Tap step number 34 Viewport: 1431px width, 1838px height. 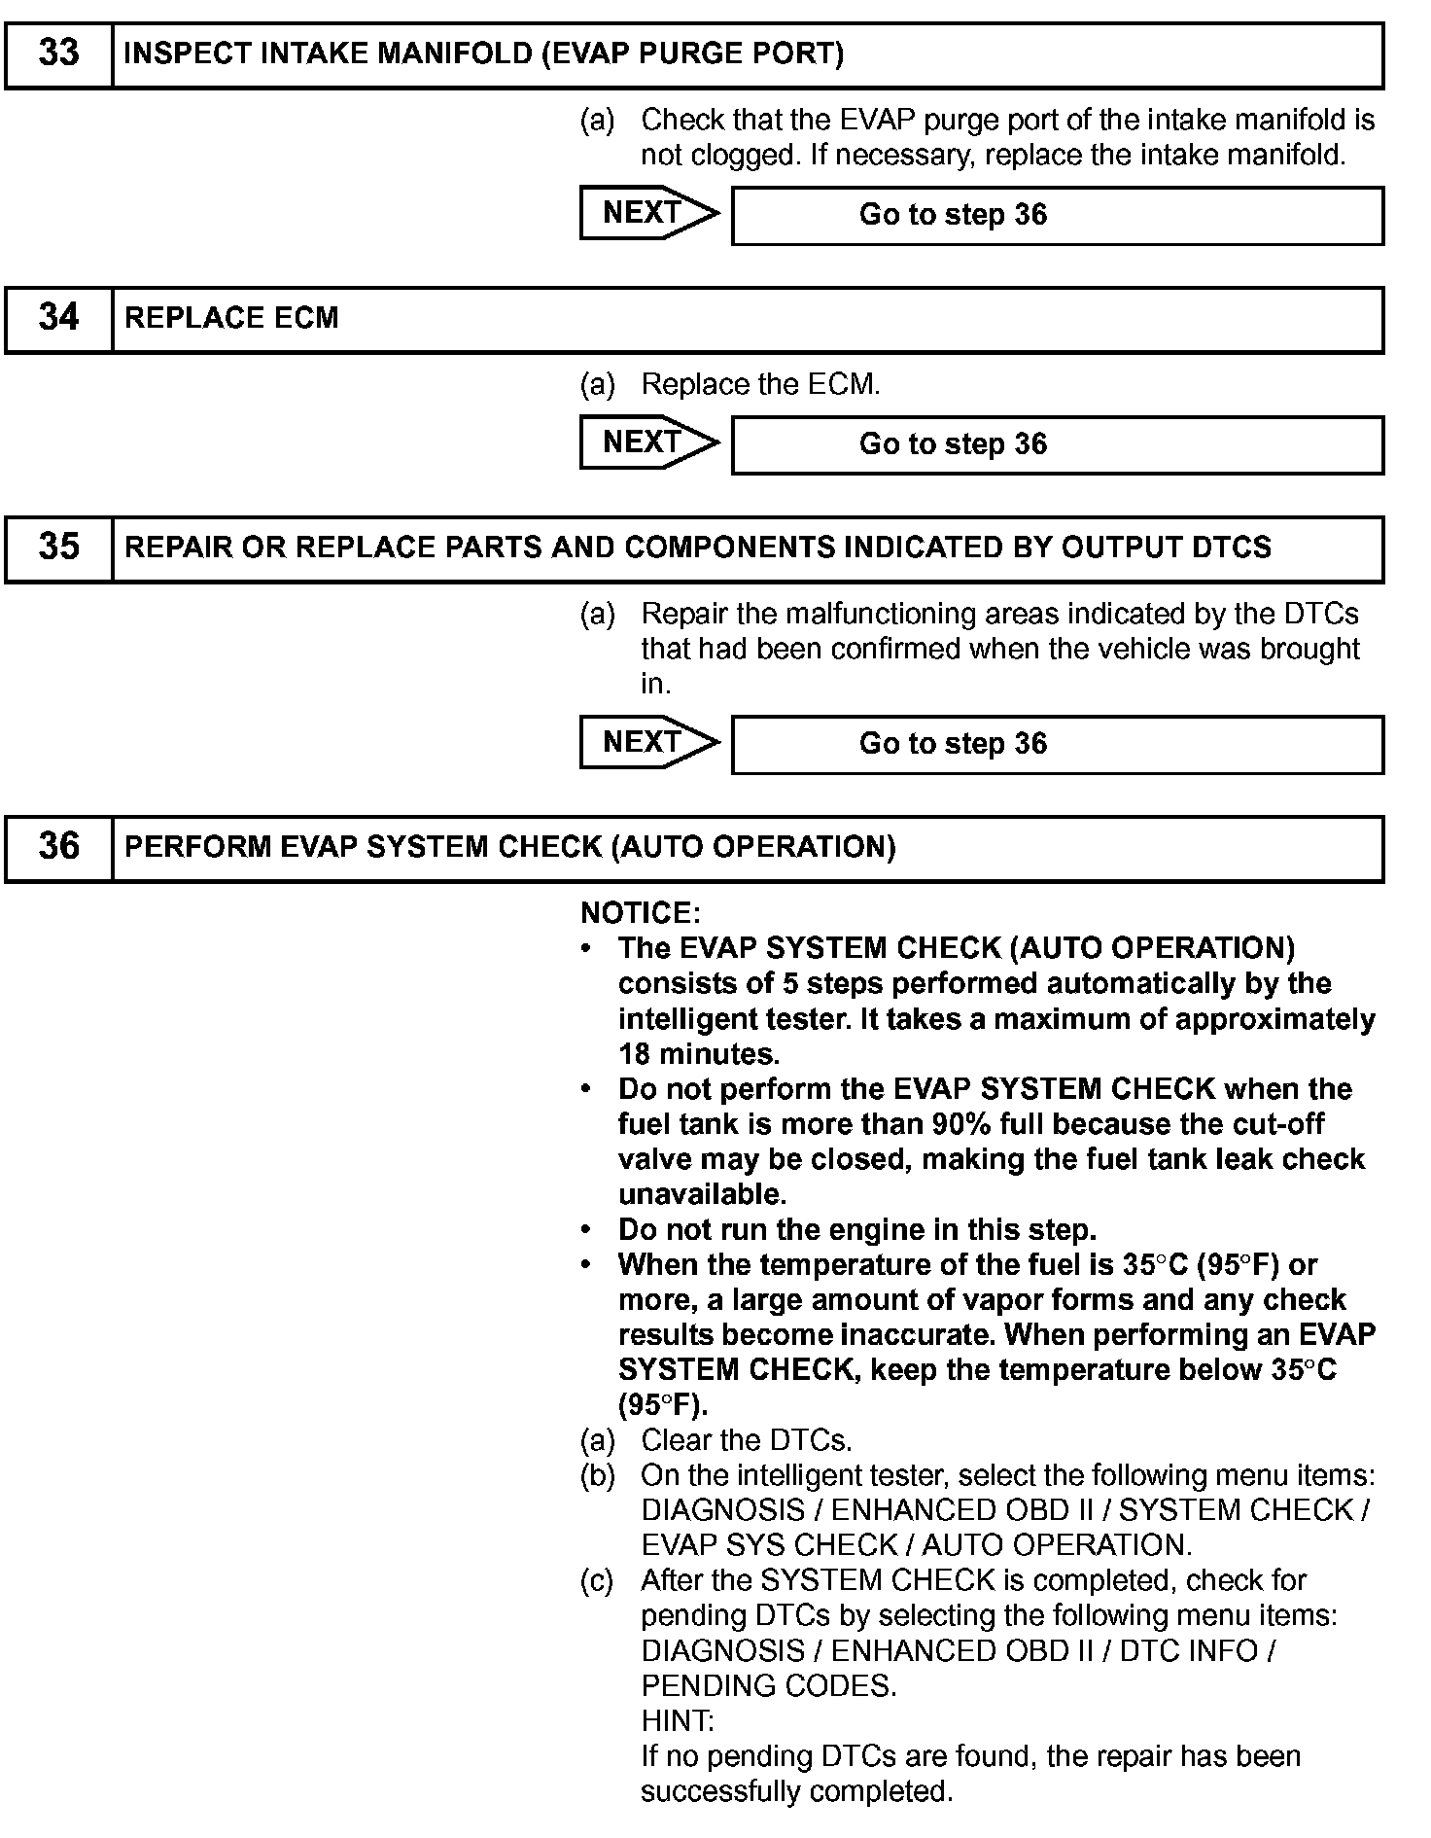(58, 317)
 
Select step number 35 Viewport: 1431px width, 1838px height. (58, 547)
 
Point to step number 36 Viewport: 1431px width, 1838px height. (58, 846)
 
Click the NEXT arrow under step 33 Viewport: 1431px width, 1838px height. (648, 213)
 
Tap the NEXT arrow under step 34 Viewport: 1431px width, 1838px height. (648, 442)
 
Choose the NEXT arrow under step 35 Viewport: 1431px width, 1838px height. (648, 742)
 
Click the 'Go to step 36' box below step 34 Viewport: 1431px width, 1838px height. (1057, 444)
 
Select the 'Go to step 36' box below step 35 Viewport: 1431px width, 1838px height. (1057, 744)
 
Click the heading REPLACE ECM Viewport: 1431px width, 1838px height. (231, 318)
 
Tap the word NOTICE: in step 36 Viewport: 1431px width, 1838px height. (640, 913)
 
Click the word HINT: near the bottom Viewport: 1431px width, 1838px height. (678, 1722)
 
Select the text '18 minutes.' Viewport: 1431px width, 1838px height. (699, 1054)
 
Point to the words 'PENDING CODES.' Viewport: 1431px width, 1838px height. (768, 1686)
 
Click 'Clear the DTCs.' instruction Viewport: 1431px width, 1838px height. (746, 1440)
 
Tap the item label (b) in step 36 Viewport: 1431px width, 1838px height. (598, 1476)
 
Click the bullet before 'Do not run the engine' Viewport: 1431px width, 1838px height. (586, 1230)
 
